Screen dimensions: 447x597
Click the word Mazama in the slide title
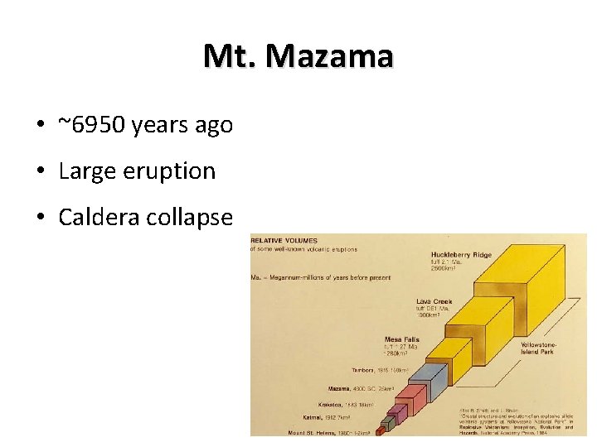[x=331, y=56]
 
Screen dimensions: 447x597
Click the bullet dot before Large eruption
[x=40, y=172]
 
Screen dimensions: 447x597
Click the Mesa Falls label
[x=402, y=339]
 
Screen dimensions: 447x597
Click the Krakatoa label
[x=330, y=405]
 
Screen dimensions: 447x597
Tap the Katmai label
[x=314, y=419]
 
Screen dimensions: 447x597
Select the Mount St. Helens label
[x=302, y=431]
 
